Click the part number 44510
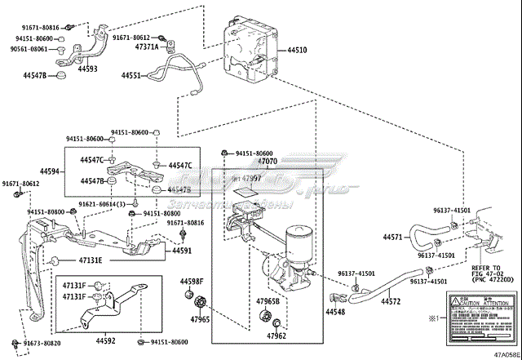297,51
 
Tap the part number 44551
131,75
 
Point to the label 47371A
148,47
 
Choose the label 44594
51,171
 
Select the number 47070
268,162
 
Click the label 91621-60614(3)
102,203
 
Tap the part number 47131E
91,260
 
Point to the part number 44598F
191,282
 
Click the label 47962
276,336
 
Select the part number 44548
335,312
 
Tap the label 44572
391,302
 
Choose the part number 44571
392,238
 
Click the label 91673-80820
42,344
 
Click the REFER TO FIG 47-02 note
492,273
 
